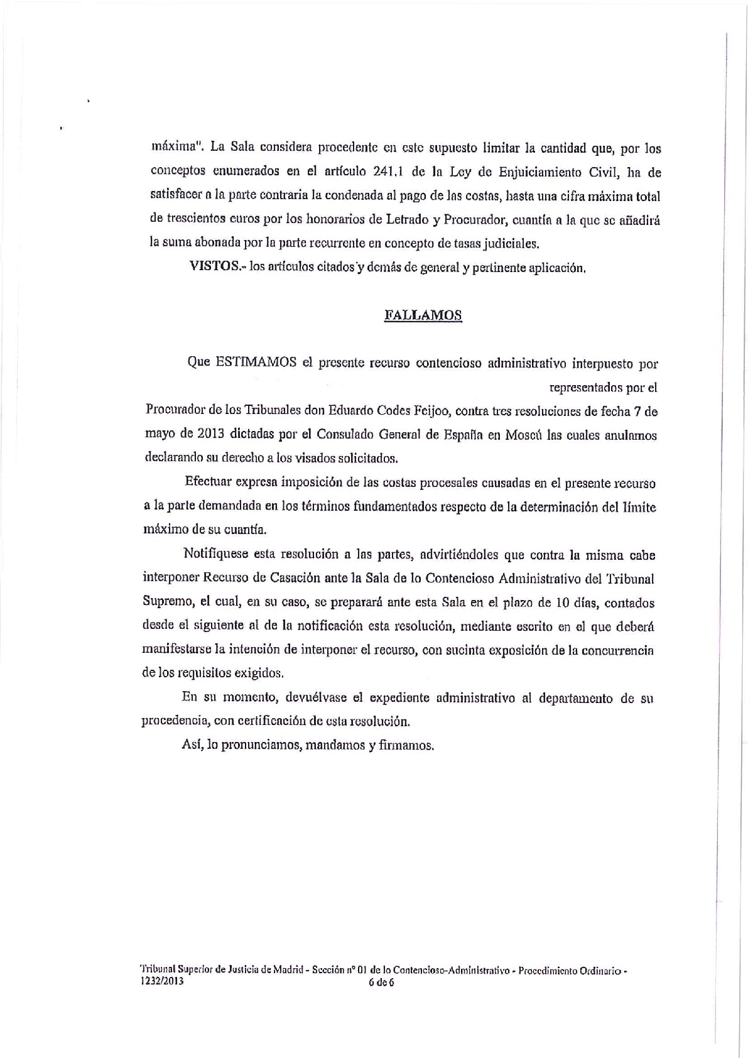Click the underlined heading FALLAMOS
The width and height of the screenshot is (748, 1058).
[x=423, y=315]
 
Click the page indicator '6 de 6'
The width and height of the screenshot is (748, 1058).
[x=381, y=983]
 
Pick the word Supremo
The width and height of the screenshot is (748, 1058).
[x=166, y=603]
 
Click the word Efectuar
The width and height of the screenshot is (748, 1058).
[x=206, y=483]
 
